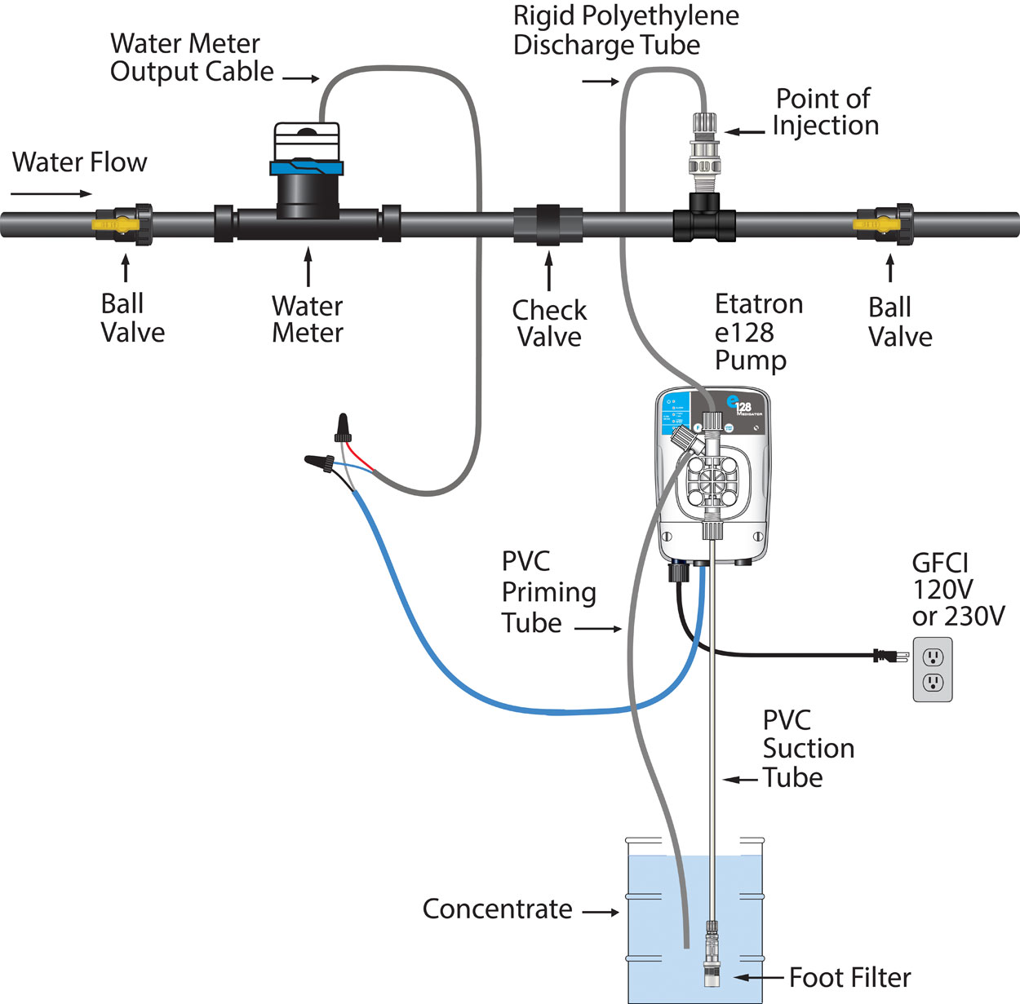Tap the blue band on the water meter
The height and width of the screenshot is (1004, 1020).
[x=306, y=168]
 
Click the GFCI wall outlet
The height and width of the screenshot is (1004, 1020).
[x=932, y=669]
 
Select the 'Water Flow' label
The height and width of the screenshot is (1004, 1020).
[x=80, y=162]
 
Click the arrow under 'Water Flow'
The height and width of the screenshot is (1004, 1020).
[x=52, y=194]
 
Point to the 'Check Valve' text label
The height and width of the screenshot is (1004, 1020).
[x=549, y=323]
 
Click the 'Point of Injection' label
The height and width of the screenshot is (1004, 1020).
[x=825, y=112]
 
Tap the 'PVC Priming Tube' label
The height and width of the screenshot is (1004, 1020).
[x=548, y=592]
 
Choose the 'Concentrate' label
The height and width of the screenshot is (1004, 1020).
[x=497, y=909]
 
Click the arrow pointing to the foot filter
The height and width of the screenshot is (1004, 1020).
[x=759, y=977]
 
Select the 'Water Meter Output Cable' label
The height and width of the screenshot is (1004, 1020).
[x=192, y=57]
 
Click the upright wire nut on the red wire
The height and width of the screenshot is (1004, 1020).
[x=343, y=427]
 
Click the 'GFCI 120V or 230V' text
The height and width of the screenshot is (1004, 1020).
[x=957, y=589]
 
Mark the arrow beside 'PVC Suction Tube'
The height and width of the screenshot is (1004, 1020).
[x=741, y=780]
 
